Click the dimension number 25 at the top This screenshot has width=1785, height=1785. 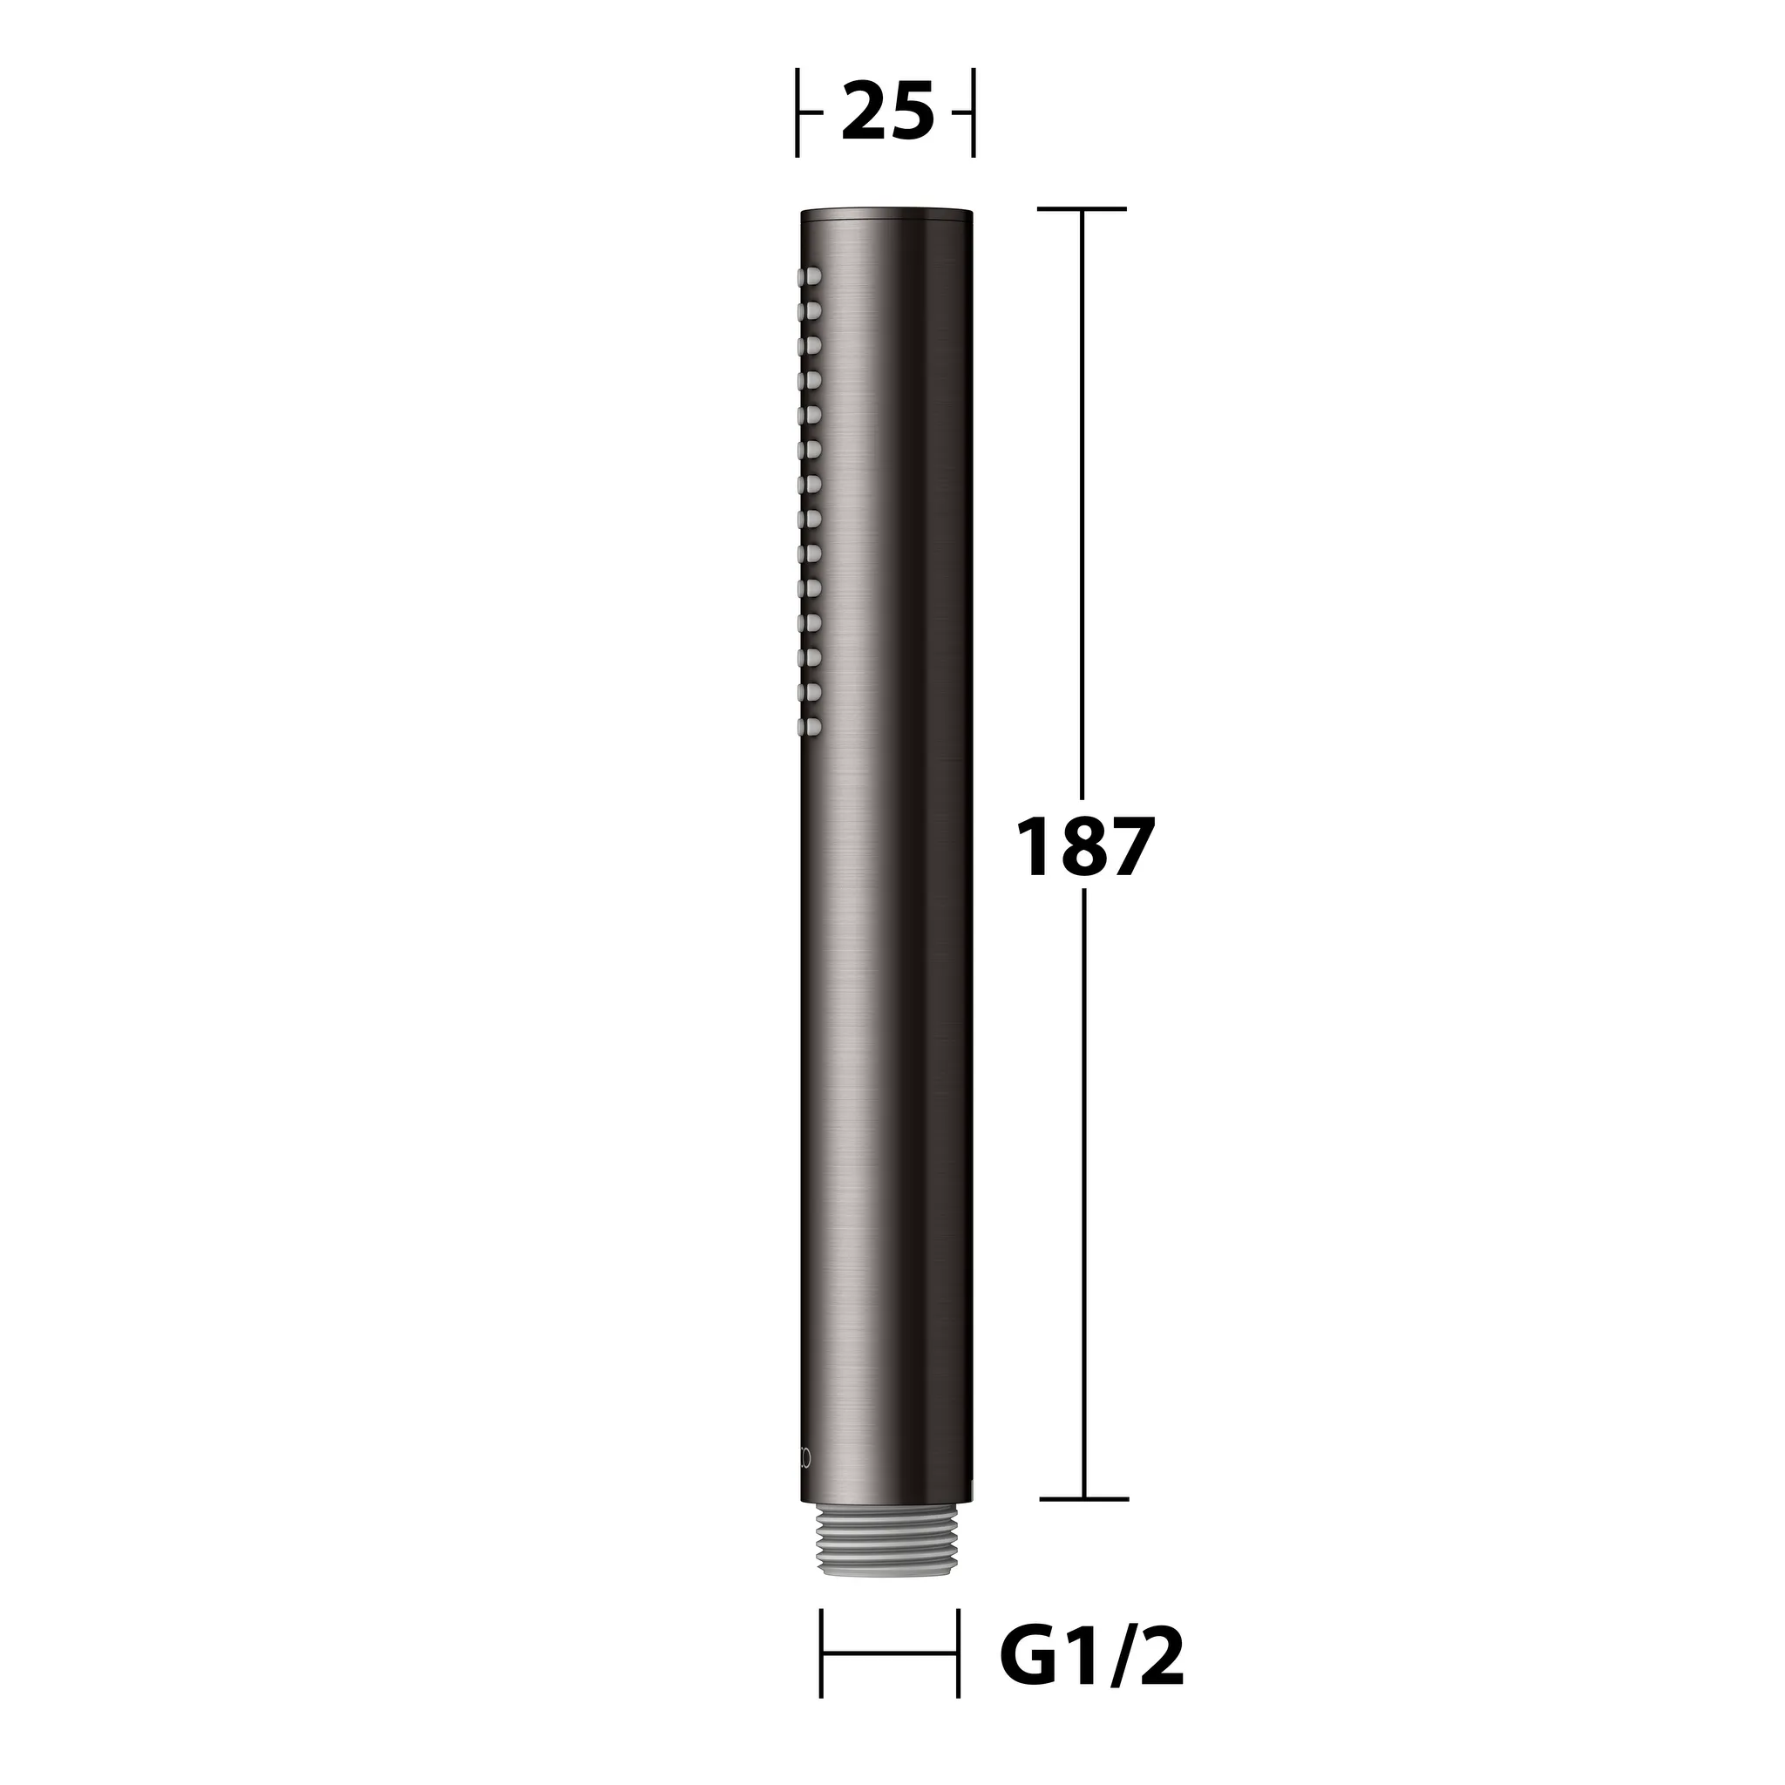click(x=887, y=112)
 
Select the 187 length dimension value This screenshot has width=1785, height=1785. click(x=1084, y=846)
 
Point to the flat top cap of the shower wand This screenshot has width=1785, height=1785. click(x=886, y=214)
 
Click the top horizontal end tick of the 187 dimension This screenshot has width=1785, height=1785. click(x=1082, y=209)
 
